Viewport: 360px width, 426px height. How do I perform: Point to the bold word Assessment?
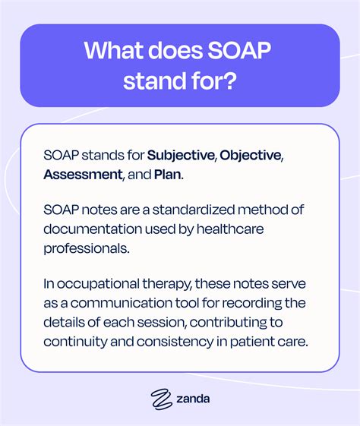82,174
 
